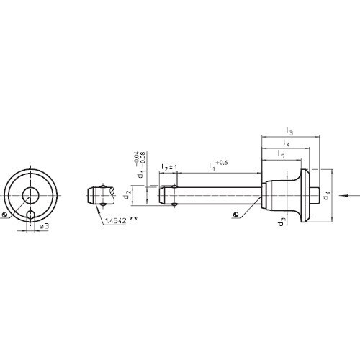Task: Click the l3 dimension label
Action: click(289, 131)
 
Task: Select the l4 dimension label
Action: click(286, 143)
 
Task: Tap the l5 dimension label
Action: click(281, 154)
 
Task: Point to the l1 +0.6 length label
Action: click(218, 166)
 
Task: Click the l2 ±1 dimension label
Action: click(169, 167)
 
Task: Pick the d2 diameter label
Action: click(127, 194)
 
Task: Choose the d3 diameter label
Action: click(282, 222)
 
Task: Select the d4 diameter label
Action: click(327, 195)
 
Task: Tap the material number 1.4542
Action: click(115, 220)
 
